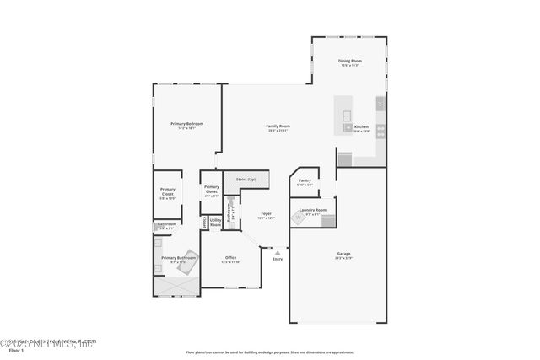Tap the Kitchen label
pos(361,126)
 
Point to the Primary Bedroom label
pos(187,124)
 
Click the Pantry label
pos(305,180)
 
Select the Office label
pos(230,258)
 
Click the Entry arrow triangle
pos(277,251)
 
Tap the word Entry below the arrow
pos(277,259)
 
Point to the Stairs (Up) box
pos(246,180)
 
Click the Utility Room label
pos(216,223)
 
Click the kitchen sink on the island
pos(347,127)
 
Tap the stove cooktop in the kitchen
pos(381,131)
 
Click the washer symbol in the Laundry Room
pos(298,218)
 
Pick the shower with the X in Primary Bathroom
pos(176,287)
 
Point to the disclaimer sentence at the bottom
pos(270,352)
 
